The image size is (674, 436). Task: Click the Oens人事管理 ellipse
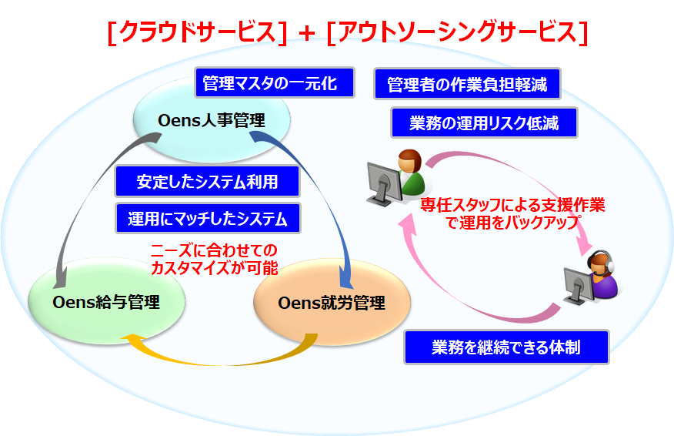(x=212, y=120)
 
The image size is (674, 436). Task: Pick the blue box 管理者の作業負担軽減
(x=466, y=84)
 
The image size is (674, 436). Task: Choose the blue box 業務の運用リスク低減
(x=482, y=122)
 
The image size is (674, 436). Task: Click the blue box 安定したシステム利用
(x=207, y=182)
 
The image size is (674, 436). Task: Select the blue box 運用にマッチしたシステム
(x=207, y=219)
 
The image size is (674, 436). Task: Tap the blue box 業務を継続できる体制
(x=506, y=347)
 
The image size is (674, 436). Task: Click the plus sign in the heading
(x=306, y=32)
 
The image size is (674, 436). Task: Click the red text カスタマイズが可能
(x=215, y=268)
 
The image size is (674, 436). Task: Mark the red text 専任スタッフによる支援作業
(x=512, y=206)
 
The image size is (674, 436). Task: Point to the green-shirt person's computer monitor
(x=380, y=180)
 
